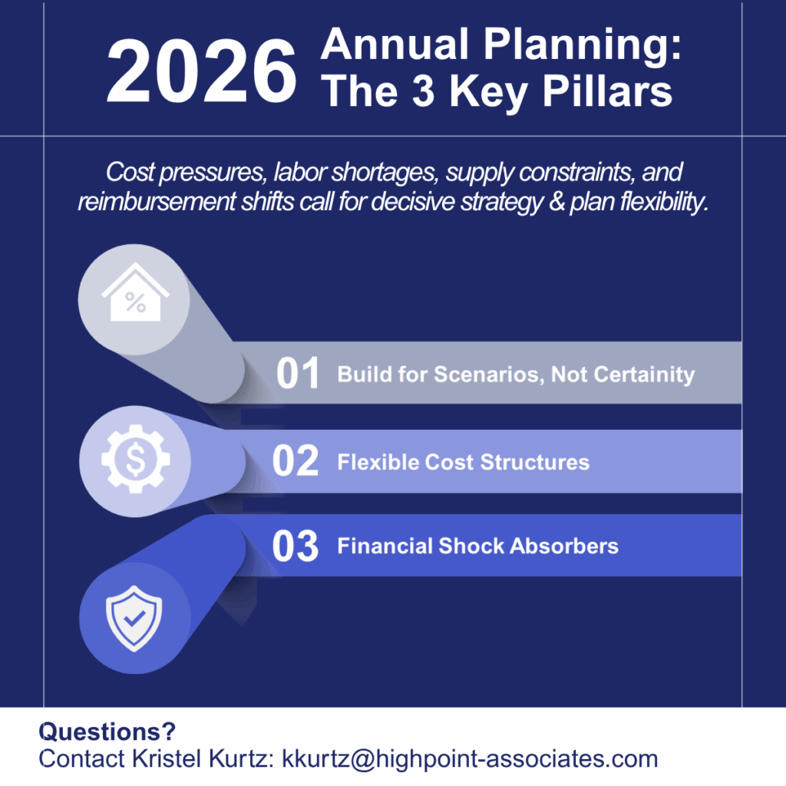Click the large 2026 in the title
[202, 71]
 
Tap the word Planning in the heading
[583, 46]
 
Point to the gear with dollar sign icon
[135, 459]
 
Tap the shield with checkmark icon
[134, 619]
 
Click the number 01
[298, 373]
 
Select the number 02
[296, 461]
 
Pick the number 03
[296, 546]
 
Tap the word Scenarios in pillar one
[489, 375]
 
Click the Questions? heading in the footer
[107, 732]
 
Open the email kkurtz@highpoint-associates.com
[470, 759]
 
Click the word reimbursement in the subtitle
[157, 202]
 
